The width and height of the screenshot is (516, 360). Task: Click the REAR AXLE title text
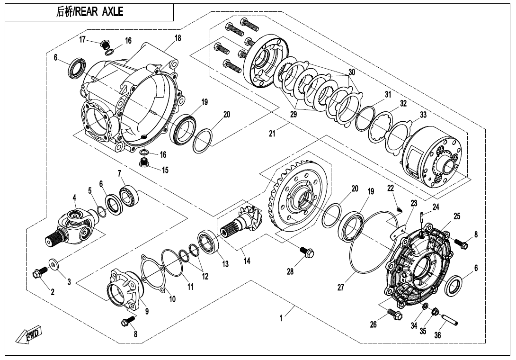coord(90,12)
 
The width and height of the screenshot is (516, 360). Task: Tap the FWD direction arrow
coord(29,334)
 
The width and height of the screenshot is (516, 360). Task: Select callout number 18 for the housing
coord(178,38)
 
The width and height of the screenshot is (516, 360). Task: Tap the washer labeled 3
coord(53,263)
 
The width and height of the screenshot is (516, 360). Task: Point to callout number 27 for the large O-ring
coord(341,288)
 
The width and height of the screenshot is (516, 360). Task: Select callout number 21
coord(272,134)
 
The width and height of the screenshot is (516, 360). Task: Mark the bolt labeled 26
coord(393,313)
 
